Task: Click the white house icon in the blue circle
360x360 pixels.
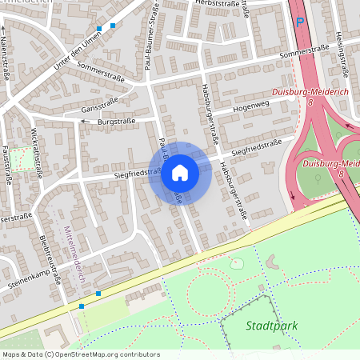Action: pos(180,173)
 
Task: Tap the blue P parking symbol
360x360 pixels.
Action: pos(300,22)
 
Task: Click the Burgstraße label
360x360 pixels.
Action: pos(116,122)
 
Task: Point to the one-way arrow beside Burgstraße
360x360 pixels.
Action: pos(83,122)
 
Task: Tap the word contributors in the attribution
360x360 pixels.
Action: pos(138,354)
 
